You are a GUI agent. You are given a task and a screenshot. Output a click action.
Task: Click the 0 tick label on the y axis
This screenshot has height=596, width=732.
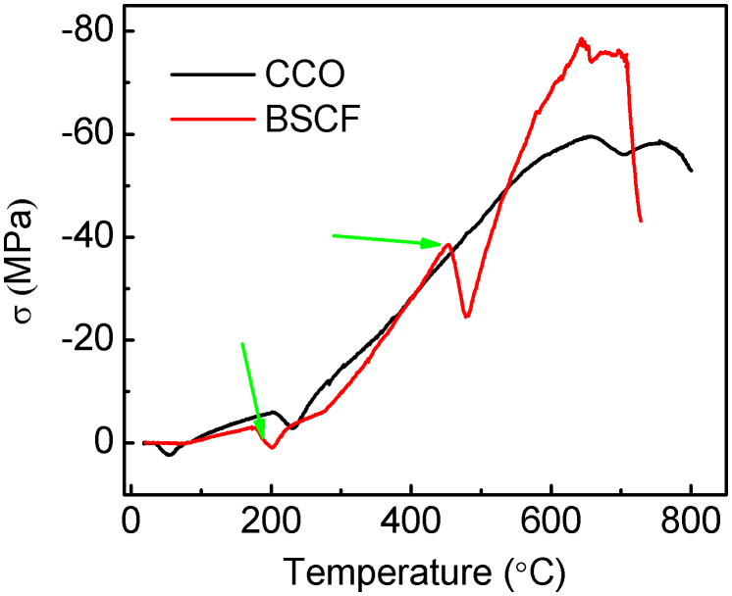point(103,443)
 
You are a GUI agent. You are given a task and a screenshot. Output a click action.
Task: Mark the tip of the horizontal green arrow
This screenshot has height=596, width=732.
point(444,244)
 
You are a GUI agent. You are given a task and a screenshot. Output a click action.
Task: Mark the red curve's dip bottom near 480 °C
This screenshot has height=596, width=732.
point(467,317)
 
